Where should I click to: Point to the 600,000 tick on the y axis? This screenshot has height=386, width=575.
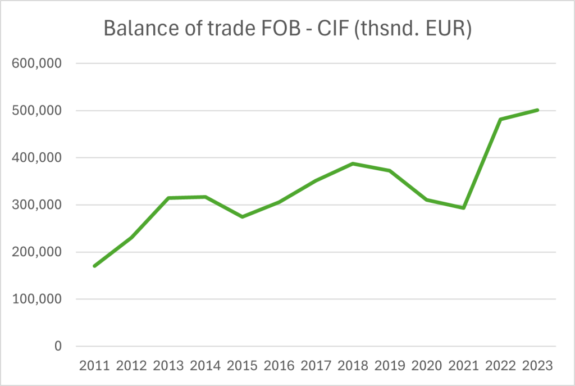pyautogui.click(x=36, y=63)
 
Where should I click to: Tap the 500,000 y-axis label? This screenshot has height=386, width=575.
pyautogui.click(x=36, y=111)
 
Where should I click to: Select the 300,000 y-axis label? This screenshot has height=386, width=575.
pyautogui.click(x=36, y=205)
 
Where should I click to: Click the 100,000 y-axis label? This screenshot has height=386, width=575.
pyautogui.click(x=36, y=299)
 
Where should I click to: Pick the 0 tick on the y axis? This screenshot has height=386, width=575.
pyautogui.click(x=58, y=347)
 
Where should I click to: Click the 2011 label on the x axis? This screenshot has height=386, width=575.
pyautogui.click(x=94, y=366)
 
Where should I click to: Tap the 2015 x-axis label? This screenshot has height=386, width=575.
pyautogui.click(x=242, y=366)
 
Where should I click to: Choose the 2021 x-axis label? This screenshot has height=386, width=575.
pyautogui.click(x=463, y=366)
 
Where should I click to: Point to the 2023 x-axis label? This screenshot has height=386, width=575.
pyautogui.click(x=537, y=366)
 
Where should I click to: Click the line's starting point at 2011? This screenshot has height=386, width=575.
pyautogui.click(x=94, y=266)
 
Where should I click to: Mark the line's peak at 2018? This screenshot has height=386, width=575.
pyautogui.click(x=353, y=164)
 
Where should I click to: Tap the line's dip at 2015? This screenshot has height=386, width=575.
pyautogui.click(x=242, y=217)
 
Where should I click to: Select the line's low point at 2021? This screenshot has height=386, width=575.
pyautogui.click(x=463, y=208)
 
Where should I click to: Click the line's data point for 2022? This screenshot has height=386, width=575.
pyautogui.click(x=500, y=119)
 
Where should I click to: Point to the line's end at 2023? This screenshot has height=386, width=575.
pyautogui.click(x=537, y=110)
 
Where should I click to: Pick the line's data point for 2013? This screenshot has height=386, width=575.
pyautogui.click(x=168, y=198)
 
